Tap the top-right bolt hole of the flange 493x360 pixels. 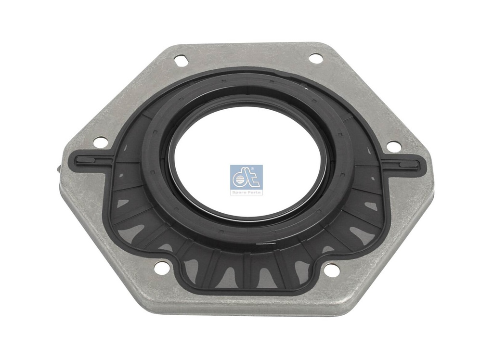[316, 58]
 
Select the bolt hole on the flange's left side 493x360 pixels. [101, 143]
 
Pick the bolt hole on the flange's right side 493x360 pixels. [393, 146]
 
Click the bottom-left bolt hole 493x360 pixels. [161, 268]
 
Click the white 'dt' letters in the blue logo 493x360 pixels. [246, 178]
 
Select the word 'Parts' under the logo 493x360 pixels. [254, 193]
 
